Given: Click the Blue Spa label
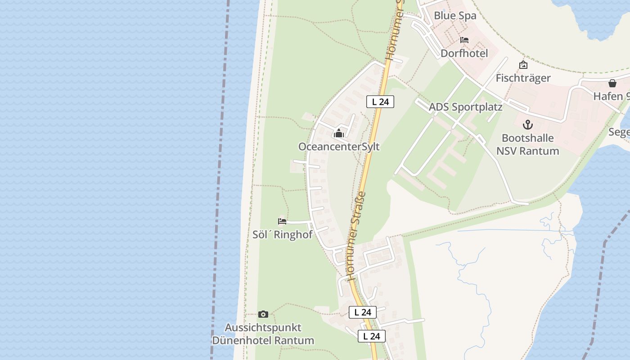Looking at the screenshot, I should [454, 16].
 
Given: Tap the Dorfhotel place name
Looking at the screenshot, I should [464, 53].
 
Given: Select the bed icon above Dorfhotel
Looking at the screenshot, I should [464, 40].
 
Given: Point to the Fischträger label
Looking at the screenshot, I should [523, 78].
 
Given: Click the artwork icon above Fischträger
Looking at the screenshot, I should [523, 65].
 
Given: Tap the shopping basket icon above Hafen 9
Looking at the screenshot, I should [612, 83].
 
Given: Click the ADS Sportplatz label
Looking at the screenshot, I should [465, 107].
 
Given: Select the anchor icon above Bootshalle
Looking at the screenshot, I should [527, 125].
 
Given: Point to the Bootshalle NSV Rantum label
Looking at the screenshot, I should [527, 144].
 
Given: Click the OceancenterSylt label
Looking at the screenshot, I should [339, 147].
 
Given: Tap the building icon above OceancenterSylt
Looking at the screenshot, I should [339, 133].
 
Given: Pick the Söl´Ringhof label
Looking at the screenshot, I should [282, 234].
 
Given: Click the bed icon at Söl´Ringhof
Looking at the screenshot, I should [282, 221].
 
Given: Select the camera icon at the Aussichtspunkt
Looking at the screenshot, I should [263, 314].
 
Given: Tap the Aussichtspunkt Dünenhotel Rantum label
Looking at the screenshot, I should [263, 334].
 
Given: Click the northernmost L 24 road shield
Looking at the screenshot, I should [380, 102].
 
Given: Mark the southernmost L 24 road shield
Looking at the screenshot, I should [372, 336].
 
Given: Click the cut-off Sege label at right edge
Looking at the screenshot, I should [619, 132].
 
